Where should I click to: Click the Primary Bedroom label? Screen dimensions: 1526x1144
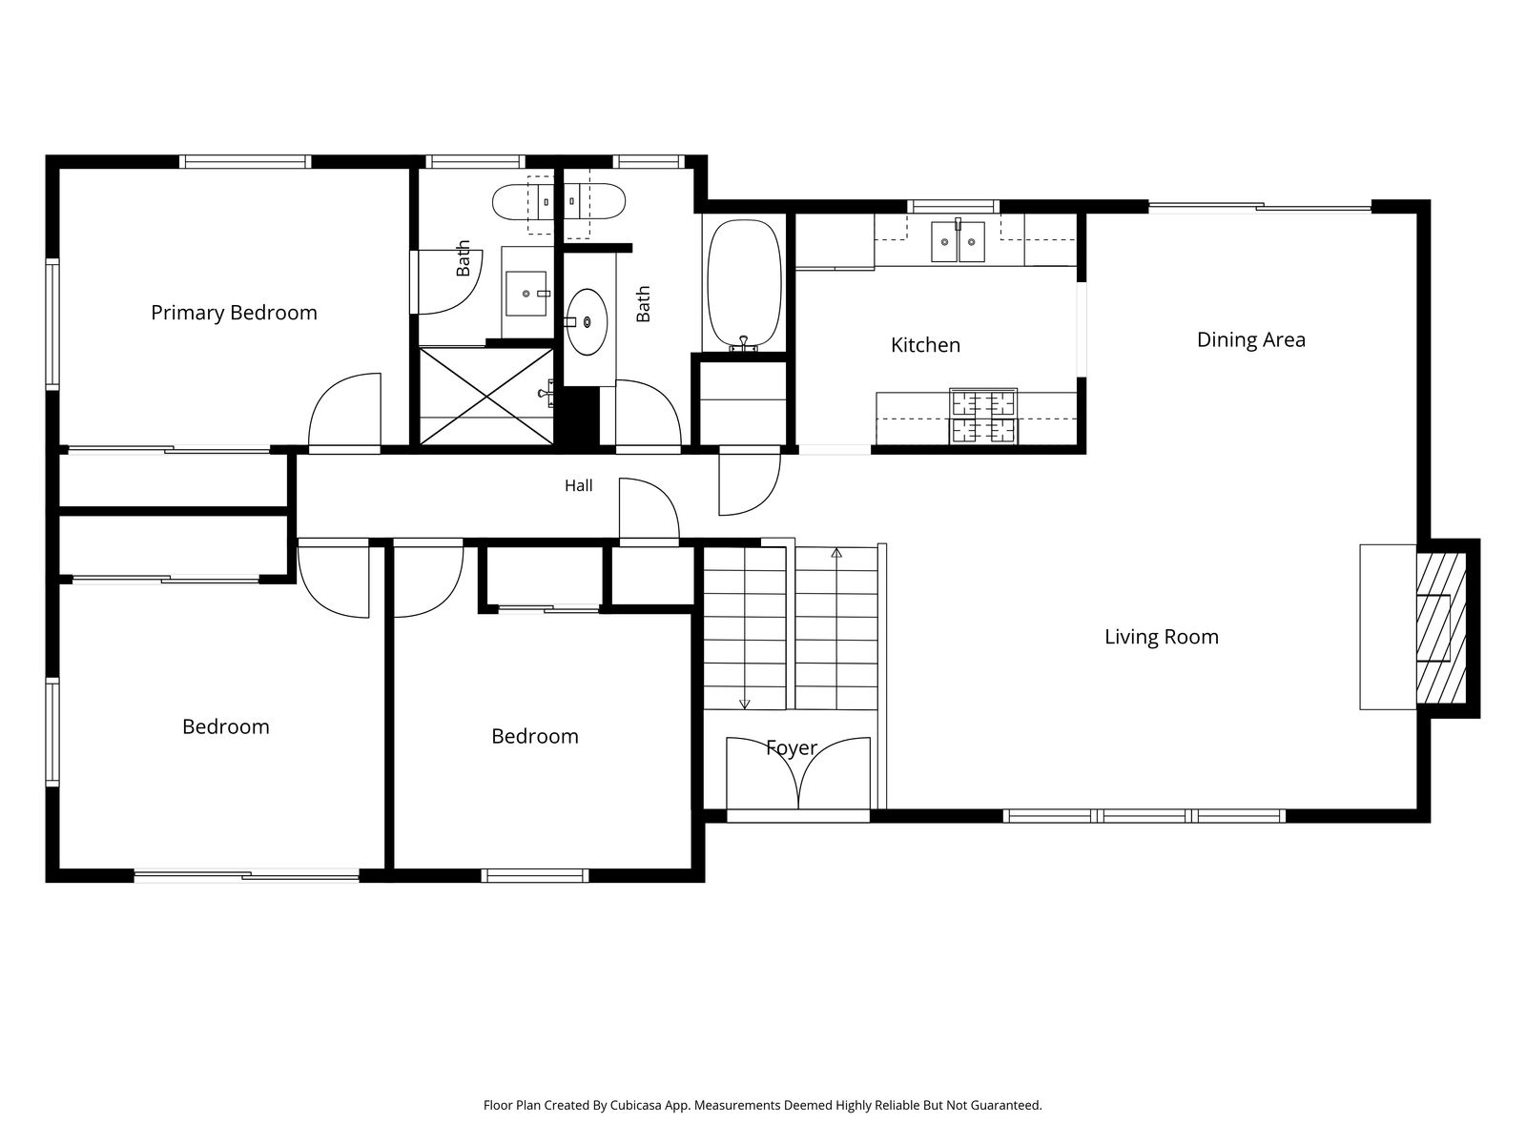click(x=234, y=314)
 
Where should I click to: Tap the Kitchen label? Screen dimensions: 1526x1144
click(x=925, y=345)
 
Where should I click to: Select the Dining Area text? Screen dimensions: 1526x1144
click(x=1250, y=340)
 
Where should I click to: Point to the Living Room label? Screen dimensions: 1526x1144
click(x=1161, y=637)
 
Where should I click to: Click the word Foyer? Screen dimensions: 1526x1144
click(x=792, y=747)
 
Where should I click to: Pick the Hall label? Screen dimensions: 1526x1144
click(x=578, y=485)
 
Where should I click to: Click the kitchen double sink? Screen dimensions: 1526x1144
click(x=958, y=241)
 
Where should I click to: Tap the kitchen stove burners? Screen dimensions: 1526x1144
click(x=983, y=416)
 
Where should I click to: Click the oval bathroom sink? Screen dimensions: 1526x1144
click(x=587, y=321)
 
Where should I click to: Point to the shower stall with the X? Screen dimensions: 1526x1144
click(x=486, y=396)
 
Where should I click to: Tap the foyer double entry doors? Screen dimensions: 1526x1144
click(x=798, y=773)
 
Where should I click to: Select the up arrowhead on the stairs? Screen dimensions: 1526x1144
click(x=836, y=553)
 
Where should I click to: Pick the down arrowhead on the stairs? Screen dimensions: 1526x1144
click(x=745, y=704)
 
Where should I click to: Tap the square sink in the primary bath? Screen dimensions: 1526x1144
click(x=526, y=293)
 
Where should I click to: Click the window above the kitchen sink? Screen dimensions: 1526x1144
click(x=953, y=206)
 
